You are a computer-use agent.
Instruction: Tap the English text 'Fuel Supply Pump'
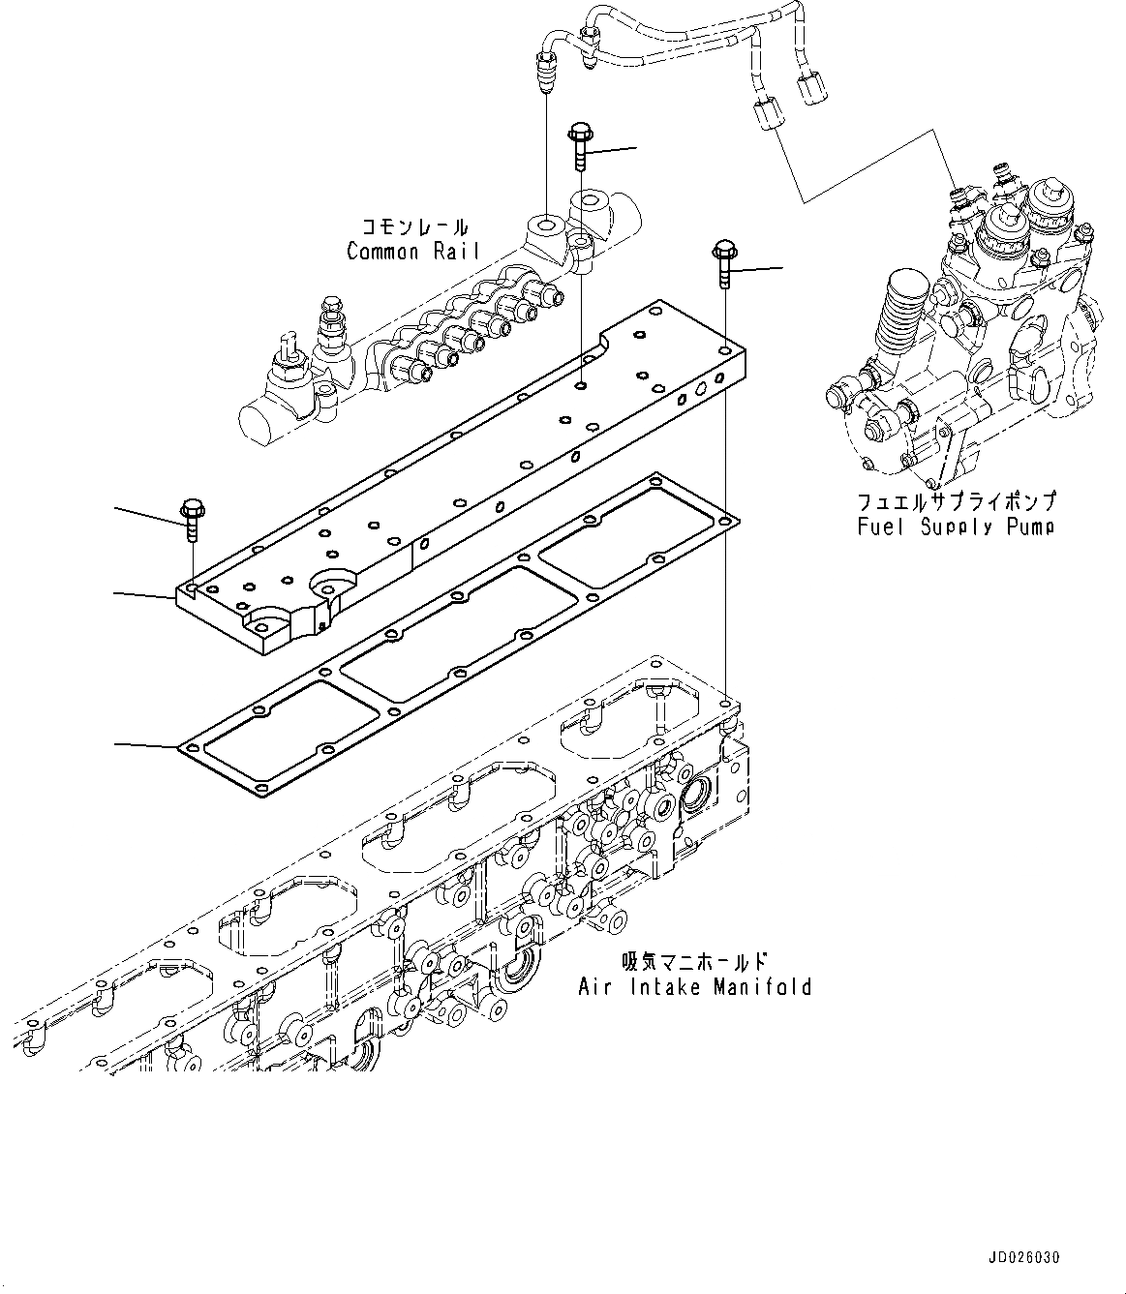[x=955, y=527]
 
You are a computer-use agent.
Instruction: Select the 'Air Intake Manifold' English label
[x=694, y=987]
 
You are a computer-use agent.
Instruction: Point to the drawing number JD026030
[x=1025, y=1258]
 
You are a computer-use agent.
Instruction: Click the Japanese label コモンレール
[x=414, y=227]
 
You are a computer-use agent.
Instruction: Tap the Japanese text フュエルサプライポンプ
[x=956, y=502]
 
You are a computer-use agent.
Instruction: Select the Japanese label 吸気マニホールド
[x=694, y=962]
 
